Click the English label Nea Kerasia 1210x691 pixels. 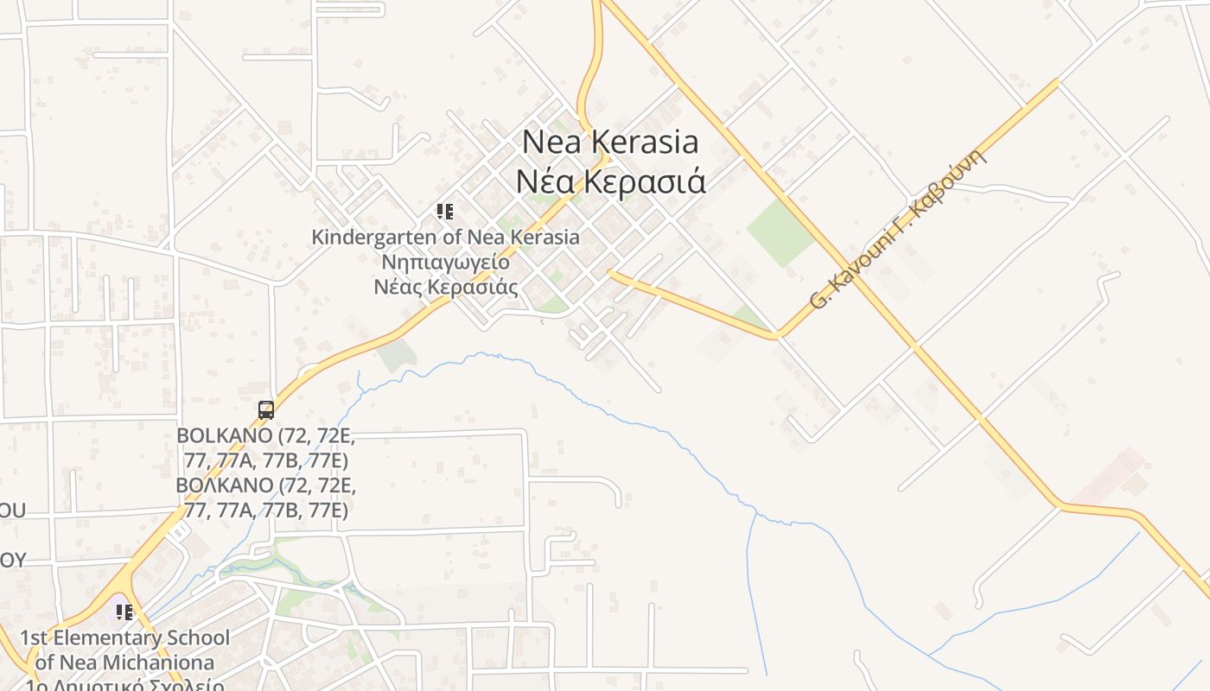click(611, 142)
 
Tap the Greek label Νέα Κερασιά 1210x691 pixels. click(611, 182)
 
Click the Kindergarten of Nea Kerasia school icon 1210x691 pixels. click(445, 212)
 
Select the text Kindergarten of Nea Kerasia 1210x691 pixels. click(445, 237)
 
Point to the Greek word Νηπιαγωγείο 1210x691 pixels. click(445, 262)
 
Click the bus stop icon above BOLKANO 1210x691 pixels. click(266, 410)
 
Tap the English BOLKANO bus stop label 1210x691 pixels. click(266, 447)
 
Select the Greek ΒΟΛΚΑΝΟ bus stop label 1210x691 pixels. click(266, 498)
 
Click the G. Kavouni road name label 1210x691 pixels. click(899, 229)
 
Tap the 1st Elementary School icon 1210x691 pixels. click(124, 612)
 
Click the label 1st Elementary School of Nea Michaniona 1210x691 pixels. click(125, 650)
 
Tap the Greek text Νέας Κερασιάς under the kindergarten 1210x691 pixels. click(445, 287)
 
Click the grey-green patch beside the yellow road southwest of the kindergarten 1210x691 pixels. click(396, 355)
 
